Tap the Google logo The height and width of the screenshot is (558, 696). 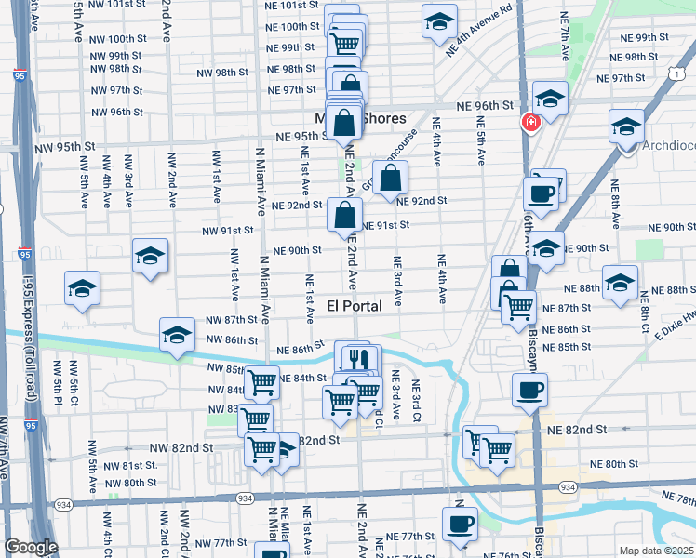(x=31, y=547)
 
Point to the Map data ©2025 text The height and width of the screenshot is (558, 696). (x=656, y=551)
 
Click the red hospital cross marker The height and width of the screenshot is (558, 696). (x=531, y=122)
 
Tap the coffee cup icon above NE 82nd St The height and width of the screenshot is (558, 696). (x=529, y=390)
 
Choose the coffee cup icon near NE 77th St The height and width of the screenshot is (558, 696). (x=459, y=523)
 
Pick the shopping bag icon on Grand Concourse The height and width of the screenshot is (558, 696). (x=391, y=175)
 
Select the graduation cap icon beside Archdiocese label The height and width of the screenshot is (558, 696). (x=626, y=125)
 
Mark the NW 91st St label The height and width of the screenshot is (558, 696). (x=229, y=231)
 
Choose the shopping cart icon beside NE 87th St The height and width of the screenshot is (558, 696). (x=518, y=306)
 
